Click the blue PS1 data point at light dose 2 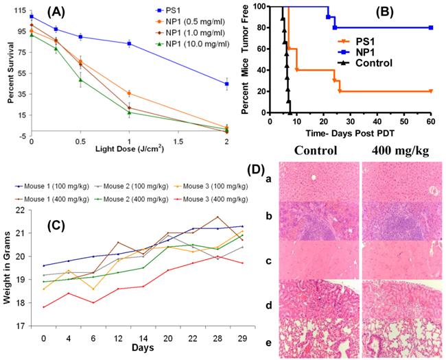[x=227, y=84]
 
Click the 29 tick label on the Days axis [x=220, y=339]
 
